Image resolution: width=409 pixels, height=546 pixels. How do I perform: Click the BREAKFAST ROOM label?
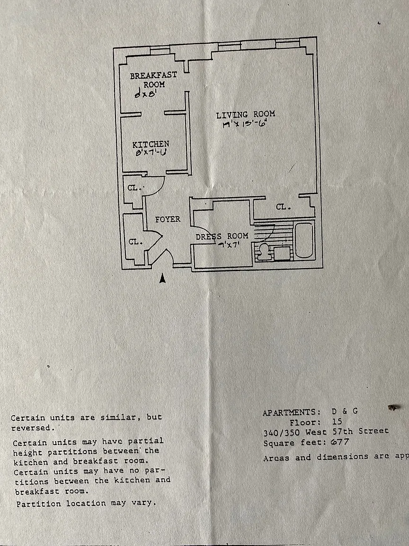153,80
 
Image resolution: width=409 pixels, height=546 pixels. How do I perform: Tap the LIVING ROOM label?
245,115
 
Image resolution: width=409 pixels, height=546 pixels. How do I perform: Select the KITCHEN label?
151,144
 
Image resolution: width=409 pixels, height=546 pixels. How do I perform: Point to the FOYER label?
168,219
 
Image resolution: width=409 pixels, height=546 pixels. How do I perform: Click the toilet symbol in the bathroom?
262,250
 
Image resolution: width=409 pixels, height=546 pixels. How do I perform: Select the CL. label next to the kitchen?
133,188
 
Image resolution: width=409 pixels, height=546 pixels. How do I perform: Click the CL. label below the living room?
283,207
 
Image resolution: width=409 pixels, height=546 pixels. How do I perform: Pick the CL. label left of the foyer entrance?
135,242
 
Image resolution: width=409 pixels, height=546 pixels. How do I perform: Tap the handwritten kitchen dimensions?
151,153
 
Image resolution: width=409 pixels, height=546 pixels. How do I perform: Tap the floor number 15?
337,422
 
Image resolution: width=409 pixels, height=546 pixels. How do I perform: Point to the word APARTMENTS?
288,412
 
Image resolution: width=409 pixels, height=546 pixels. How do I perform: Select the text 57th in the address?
338,432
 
